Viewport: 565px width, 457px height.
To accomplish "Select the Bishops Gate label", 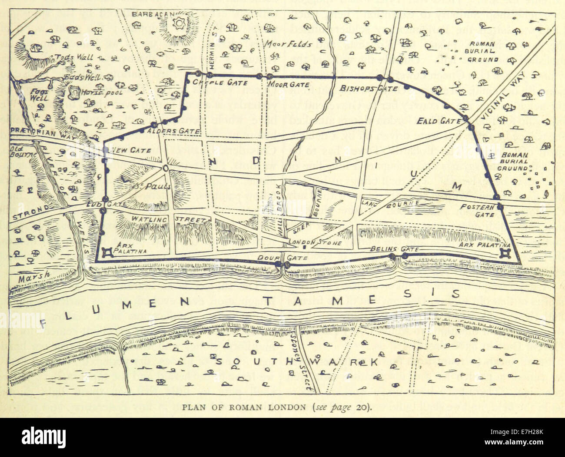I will pos(369,88).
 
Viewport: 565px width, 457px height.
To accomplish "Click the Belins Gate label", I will pos(394,249).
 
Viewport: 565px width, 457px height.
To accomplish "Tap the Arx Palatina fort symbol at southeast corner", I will pos(505,252).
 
